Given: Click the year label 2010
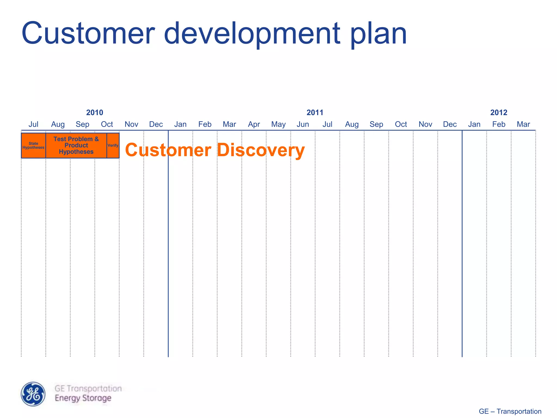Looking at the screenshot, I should (x=95, y=112).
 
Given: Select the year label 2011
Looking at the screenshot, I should (x=315, y=112).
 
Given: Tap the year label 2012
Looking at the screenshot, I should (x=499, y=112).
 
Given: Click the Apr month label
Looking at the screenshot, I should (x=254, y=124).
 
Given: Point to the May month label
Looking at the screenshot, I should (x=278, y=124).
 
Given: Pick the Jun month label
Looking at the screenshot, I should (x=303, y=124).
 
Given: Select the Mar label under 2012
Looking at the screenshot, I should (x=523, y=124).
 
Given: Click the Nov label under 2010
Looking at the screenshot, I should (x=131, y=124).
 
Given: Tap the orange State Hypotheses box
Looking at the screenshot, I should (x=33, y=145).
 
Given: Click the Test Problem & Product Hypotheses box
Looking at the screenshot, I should (x=76, y=145).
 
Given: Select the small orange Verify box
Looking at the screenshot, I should (x=113, y=145).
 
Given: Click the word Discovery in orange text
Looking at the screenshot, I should (x=261, y=150).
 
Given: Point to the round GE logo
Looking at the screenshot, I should (x=33, y=394).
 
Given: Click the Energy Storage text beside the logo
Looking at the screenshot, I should (x=83, y=398).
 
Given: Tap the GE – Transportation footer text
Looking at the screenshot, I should (x=510, y=411).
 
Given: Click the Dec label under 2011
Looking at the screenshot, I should (x=450, y=124).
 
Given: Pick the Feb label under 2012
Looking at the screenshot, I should (x=499, y=124).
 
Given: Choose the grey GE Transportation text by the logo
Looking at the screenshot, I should (x=88, y=388).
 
